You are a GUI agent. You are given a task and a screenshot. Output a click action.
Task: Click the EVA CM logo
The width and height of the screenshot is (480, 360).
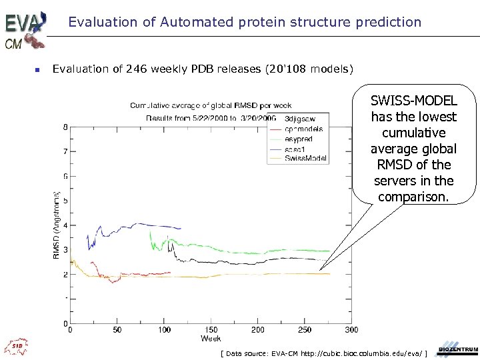coord(25,29)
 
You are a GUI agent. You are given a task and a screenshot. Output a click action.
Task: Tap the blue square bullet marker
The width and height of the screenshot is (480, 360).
coord(38,69)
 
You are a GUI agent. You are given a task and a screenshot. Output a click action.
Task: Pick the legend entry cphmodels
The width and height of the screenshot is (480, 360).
coord(303,129)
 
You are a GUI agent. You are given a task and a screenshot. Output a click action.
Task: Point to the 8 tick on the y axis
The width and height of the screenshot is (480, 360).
coord(65,127)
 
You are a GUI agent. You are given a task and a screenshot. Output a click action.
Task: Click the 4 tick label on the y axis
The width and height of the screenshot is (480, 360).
coord(65,225)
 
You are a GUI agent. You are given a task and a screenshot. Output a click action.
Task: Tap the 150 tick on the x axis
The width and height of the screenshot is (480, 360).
coord(211,329)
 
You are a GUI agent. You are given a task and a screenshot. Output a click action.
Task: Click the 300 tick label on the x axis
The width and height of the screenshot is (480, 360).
coord(351,329)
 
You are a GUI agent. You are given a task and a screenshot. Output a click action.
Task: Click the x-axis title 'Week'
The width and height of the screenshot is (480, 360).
coord(211,339)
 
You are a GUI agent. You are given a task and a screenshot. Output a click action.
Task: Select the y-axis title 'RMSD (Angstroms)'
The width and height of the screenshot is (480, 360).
coord(57,225)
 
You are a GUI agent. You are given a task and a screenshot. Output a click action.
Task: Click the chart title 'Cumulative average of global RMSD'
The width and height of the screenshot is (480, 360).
coord(210,105)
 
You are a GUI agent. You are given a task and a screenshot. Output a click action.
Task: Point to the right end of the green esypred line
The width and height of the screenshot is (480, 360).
coord(329,251)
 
